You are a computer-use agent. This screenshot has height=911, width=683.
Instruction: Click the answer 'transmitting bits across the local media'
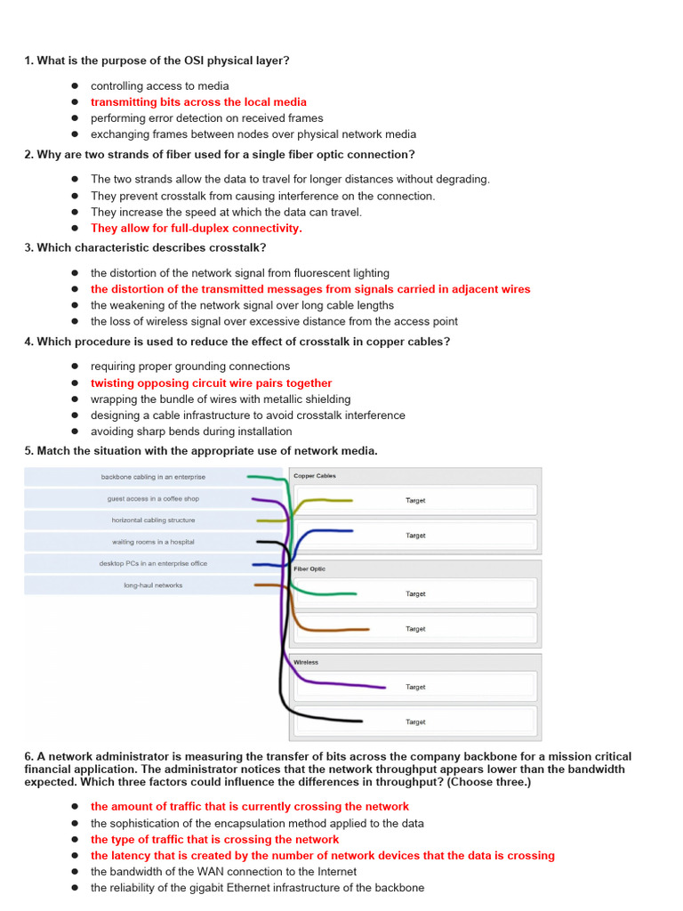198,102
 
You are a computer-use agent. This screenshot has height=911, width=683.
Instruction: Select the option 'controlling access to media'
159,86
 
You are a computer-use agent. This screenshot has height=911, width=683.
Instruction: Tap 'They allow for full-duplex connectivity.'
196,229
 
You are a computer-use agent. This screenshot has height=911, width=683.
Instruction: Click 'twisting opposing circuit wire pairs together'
211,383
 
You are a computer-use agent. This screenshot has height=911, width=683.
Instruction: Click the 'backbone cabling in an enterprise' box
153,478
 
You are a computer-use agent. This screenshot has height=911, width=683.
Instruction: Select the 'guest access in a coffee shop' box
153,499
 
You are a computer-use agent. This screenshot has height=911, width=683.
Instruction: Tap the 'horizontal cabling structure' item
153,520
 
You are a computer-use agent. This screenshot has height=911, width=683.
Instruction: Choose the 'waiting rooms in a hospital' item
153,542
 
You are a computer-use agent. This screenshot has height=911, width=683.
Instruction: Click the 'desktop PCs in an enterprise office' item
153,563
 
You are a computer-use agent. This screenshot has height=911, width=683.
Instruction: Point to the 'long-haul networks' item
153,585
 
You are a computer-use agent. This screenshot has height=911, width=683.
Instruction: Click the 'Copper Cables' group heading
315,476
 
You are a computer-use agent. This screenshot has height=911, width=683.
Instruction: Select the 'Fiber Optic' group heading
309,569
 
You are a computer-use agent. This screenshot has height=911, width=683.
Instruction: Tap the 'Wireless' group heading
306,663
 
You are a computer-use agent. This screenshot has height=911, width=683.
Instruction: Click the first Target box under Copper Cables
415,501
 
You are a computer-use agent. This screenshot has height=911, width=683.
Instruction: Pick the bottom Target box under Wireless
415,722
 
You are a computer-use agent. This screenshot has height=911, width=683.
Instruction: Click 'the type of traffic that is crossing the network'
214,840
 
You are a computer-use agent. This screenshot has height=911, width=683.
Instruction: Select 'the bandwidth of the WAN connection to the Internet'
223,872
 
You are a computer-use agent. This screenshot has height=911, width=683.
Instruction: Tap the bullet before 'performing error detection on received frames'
76,118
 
